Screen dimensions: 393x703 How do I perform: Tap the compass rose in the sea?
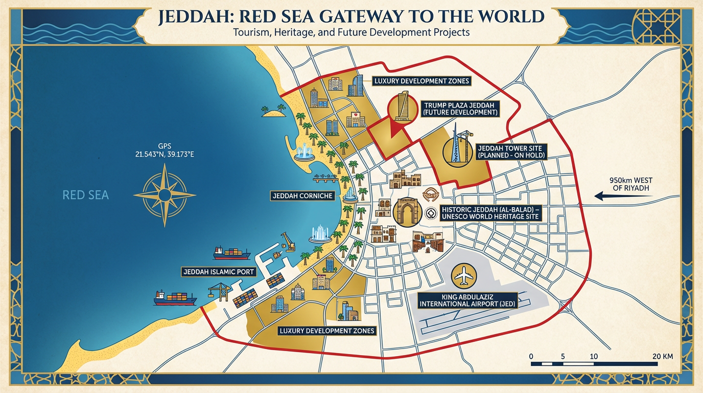click(165, 195)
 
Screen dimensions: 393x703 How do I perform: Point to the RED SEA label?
click(85, 195)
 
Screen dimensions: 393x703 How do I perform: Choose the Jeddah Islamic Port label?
click(219, 272)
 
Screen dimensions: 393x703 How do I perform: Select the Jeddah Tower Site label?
click(511, 150)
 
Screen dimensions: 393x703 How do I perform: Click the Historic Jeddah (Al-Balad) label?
click(490, 213)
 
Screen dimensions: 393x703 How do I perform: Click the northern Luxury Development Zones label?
click(421, 81)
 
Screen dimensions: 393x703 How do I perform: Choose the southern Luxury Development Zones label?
click(327, 331)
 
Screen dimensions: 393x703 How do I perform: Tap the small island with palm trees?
click(274, 111)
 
